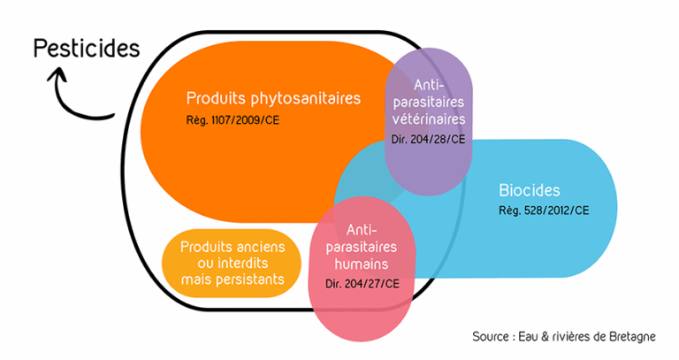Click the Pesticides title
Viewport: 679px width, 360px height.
coord(86,48)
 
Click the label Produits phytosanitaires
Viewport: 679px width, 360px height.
coord(273,97)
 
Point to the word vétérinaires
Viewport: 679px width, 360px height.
coord(428,119)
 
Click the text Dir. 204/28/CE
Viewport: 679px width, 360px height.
coord(428,140)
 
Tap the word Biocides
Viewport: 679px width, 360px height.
coord(530,190)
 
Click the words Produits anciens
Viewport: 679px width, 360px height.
coord(233,246)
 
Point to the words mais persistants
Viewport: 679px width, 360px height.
coord(233,280)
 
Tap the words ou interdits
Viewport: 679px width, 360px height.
coord(233,263)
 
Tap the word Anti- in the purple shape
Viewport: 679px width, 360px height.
coord(428,84)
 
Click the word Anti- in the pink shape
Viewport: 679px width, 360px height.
coord(362,228)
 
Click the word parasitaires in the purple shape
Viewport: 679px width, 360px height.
coord(428,102)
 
